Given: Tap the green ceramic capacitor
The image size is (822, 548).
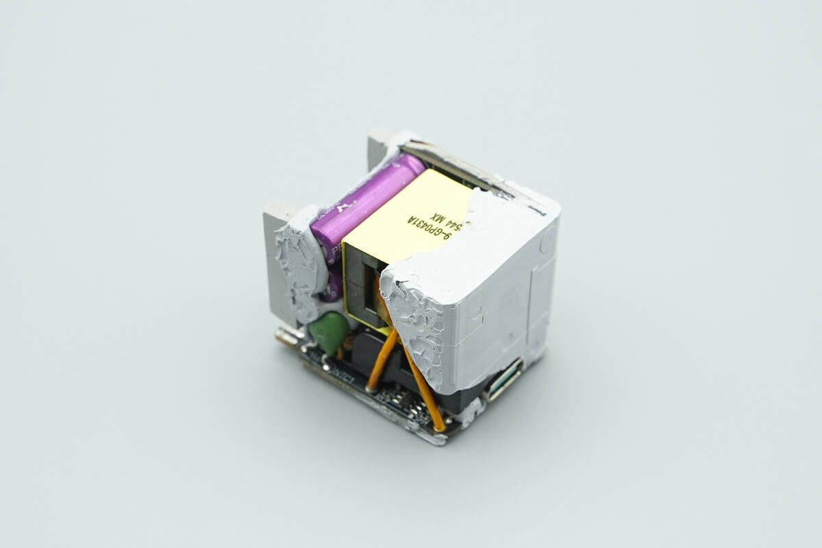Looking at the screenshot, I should point(328,332).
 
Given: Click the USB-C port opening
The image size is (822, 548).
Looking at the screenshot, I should point(504,384).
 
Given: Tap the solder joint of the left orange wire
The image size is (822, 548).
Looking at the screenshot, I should point(371,388).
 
